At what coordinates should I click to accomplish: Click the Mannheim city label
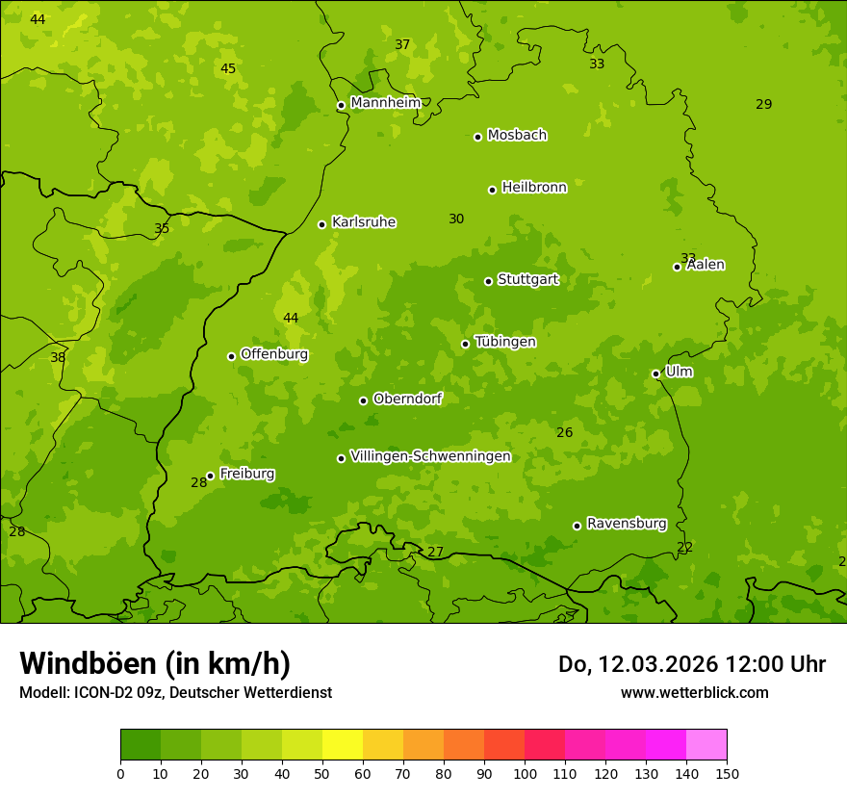tap(386, 103)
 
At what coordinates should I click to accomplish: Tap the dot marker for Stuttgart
tap(488, 281)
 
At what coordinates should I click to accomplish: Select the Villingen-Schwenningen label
tap(430, 456)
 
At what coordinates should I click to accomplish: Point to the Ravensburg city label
tap(627, 524)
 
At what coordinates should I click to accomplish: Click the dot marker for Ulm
tap(655, 374)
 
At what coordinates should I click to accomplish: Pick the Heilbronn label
tap(534, 188)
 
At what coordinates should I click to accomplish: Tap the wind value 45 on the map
tap(228, 68)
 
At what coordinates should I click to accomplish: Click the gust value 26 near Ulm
tap(565, 433)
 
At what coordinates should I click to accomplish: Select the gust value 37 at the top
tap(402, 44)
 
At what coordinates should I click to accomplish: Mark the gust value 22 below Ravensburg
tap(685, 548)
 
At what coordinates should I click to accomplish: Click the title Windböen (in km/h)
tap(155, 663)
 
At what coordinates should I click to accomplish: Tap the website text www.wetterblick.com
tap(695, 693)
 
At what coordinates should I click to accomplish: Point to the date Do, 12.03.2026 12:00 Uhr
tap(692, 664)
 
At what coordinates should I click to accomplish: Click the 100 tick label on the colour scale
tap(525, 773)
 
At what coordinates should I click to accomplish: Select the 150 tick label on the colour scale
tap(727, 773)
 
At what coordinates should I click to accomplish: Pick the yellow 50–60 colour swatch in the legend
tap(343, 745)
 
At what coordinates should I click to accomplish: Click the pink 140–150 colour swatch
tap(706, 745)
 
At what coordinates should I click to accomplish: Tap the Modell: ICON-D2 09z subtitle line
tap(175, 693)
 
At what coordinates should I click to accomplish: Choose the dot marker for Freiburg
tap(210, 476)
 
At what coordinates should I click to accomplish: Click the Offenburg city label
tap(274, 354)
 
